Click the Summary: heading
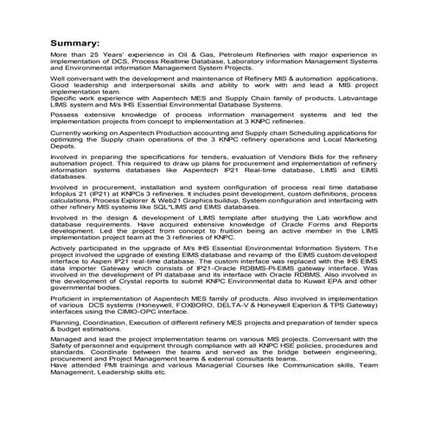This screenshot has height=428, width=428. point(78,42)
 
